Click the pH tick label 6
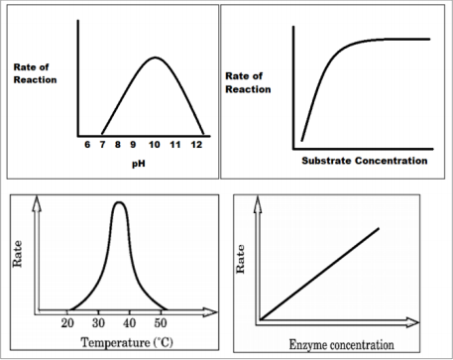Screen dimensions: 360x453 [87, 145]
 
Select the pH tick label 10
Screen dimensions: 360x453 [156, 145]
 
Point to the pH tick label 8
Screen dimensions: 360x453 [119, 145]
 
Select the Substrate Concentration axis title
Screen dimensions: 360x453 [364, 160]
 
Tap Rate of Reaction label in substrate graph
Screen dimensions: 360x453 [248, 82]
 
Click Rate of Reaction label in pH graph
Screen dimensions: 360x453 [36, 72]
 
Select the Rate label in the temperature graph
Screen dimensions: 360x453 [17, 257]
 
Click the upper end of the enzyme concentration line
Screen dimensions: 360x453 [379, 228]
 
